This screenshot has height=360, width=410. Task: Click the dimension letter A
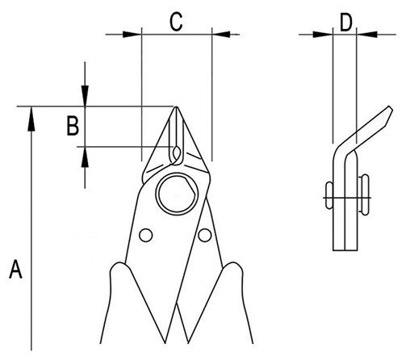click(15, 269)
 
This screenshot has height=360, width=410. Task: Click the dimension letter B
click(73, 125)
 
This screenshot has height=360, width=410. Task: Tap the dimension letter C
click(176, 22)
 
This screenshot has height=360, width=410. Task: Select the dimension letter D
click(346, 23)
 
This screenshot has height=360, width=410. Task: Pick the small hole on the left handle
click(146, 235)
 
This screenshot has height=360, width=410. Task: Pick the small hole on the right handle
click(205, 235)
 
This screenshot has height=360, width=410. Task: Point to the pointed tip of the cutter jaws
click(177, 107)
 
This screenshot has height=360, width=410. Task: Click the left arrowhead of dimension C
click(132, 35)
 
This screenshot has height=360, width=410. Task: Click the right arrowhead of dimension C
click(221, 35)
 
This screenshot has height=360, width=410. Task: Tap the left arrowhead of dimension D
click(323, 35)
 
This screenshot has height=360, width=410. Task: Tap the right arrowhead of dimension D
click(366, 35)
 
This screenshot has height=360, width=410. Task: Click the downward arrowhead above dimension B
click(85, 96)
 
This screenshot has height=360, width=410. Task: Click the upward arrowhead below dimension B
click(85, 157)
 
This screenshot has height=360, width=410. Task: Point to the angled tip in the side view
click(390, 107)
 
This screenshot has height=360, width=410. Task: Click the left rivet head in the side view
click(329, 195)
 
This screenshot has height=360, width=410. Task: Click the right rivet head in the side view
click(364, 195)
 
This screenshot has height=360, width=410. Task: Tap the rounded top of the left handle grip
click(119, 264)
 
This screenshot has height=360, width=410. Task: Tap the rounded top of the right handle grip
click(233, 264)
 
